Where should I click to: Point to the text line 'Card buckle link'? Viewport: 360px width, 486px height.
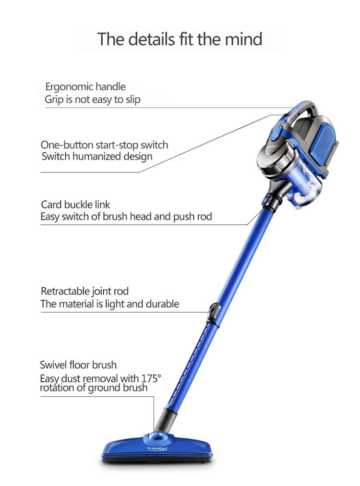pyautogui.click(x=75, y=205)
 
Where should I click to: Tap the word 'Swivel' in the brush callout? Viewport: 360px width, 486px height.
pyautogui.click(x=55, y=365)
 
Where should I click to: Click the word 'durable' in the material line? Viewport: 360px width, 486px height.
pyautogui.click(x=162, y=304)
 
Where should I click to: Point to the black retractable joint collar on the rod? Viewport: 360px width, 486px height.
pyautogui.click(x=214, y=315)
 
